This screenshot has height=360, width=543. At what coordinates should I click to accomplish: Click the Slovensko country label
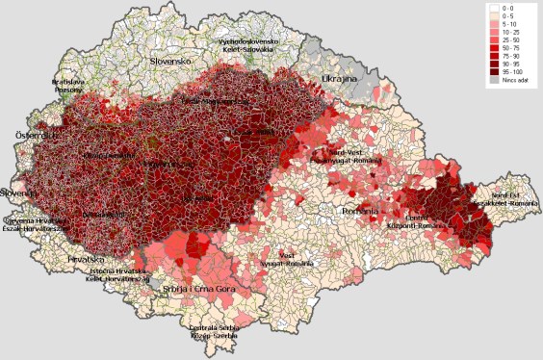(171, 61)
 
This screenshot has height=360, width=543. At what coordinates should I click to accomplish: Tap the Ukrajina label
(339, 77)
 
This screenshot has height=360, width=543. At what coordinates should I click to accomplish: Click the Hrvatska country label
(85, 259)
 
